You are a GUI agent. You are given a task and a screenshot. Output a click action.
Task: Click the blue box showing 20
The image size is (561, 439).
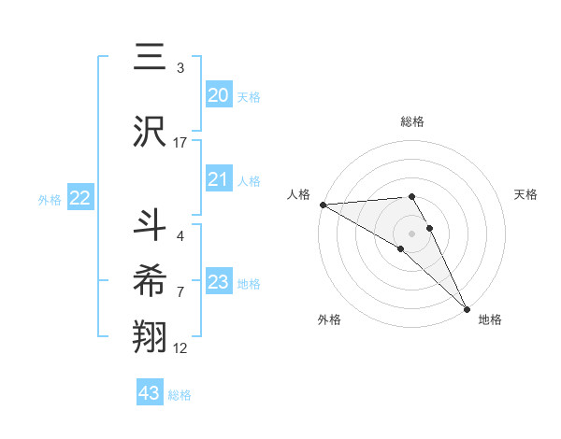218,95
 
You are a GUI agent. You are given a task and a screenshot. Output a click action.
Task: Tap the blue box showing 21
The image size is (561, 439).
218,180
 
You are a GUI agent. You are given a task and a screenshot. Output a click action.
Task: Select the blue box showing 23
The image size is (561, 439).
218,282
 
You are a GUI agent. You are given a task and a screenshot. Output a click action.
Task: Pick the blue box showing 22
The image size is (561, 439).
80,198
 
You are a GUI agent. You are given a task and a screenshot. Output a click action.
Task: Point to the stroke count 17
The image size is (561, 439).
180,143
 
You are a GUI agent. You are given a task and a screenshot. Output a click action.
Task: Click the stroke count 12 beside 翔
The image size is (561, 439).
180,349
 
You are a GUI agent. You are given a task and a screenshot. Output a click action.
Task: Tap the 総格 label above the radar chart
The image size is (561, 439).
412,121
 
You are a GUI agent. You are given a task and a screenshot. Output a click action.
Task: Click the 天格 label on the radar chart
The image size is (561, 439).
526,194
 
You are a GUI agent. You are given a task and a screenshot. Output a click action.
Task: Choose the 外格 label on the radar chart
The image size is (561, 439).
329,319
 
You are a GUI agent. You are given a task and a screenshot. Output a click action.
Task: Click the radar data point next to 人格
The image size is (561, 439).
323,205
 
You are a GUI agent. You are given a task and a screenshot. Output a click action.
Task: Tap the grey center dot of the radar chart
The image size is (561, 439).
411,233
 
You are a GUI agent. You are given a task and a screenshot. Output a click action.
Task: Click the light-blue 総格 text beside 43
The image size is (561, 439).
180,395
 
